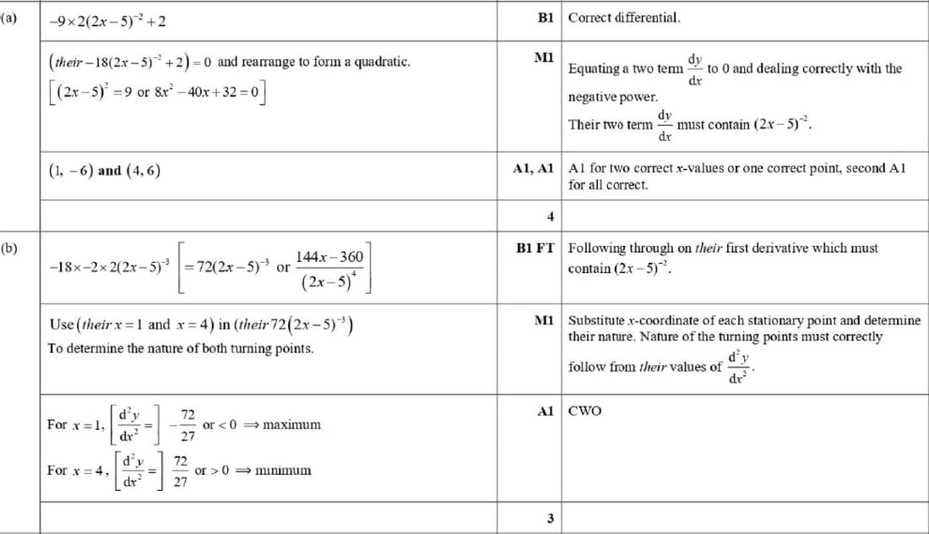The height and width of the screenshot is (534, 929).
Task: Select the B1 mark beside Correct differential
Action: (545, 17)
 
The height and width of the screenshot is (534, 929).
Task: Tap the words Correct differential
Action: (624, 17)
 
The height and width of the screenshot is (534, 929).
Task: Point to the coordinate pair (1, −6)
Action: (70, 170)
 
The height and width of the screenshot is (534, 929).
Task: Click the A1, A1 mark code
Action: (533, 169)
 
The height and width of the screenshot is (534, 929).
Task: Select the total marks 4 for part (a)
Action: (550, 217)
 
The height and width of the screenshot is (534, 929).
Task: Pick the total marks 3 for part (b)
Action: (550, 519)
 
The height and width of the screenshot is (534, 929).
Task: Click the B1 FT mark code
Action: (535, 248)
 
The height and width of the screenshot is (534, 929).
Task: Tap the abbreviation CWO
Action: (585, 411)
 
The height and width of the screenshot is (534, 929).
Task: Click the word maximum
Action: (291, 424)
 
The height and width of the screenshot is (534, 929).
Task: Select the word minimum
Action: (283, 470)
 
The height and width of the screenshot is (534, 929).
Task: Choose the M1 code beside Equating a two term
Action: (544, 57)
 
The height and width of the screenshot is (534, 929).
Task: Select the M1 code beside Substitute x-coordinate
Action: (544, 321)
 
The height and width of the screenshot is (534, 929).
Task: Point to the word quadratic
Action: (382, 63)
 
